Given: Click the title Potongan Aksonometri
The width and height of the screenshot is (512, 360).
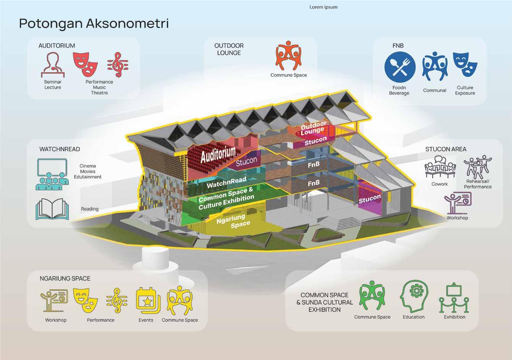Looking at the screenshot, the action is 94,23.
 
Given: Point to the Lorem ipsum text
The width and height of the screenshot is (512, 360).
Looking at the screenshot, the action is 323,7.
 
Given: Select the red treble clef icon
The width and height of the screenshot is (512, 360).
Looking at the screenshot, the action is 117,65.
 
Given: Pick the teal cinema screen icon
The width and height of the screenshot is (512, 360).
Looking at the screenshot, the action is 53,174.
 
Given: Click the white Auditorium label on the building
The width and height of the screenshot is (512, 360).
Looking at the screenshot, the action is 218,154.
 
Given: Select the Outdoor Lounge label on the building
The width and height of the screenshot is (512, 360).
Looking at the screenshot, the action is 313,128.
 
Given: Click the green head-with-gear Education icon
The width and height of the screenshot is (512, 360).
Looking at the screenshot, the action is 414,297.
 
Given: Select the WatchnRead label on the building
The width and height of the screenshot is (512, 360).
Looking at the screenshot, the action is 227,182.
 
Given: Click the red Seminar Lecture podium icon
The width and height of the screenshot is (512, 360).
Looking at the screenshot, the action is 53,65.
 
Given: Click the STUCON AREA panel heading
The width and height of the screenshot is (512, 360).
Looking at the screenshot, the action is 446,149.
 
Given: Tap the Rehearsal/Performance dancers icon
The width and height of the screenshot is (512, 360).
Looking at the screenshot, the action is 478,167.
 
